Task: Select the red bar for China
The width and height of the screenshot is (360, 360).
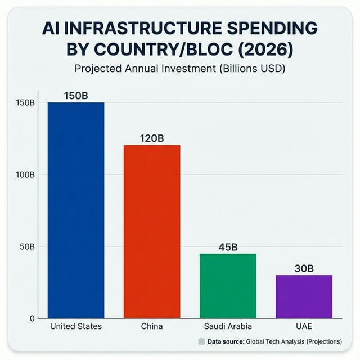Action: click(x=152, y=231)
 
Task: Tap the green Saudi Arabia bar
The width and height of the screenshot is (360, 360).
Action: click(x=228, y=285)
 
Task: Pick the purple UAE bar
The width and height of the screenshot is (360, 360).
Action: click(x=304, y=296)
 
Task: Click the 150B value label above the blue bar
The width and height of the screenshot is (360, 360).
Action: click(x=76, y=95)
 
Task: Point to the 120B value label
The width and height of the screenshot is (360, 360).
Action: click(x=152, y=138)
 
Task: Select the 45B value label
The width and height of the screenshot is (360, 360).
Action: click(x=228, y=247)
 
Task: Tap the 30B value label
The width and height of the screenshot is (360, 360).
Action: click(x=304, y=268)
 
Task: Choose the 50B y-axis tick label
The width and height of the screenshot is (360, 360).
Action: click(x=26, y=246)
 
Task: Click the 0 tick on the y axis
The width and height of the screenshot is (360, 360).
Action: click(x=32, y=318)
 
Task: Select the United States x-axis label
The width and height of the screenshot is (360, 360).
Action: click(x=76, y=326)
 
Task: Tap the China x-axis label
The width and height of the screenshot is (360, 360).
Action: click(x=152, y=326)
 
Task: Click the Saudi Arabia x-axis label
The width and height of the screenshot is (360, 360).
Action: click(x=228, y=326)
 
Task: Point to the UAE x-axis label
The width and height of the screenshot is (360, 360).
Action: click(x=304, y=326)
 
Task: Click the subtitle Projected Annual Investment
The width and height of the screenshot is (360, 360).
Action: click(x=139, y=70)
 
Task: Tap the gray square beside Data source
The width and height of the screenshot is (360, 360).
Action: click(x=201, y=341)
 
